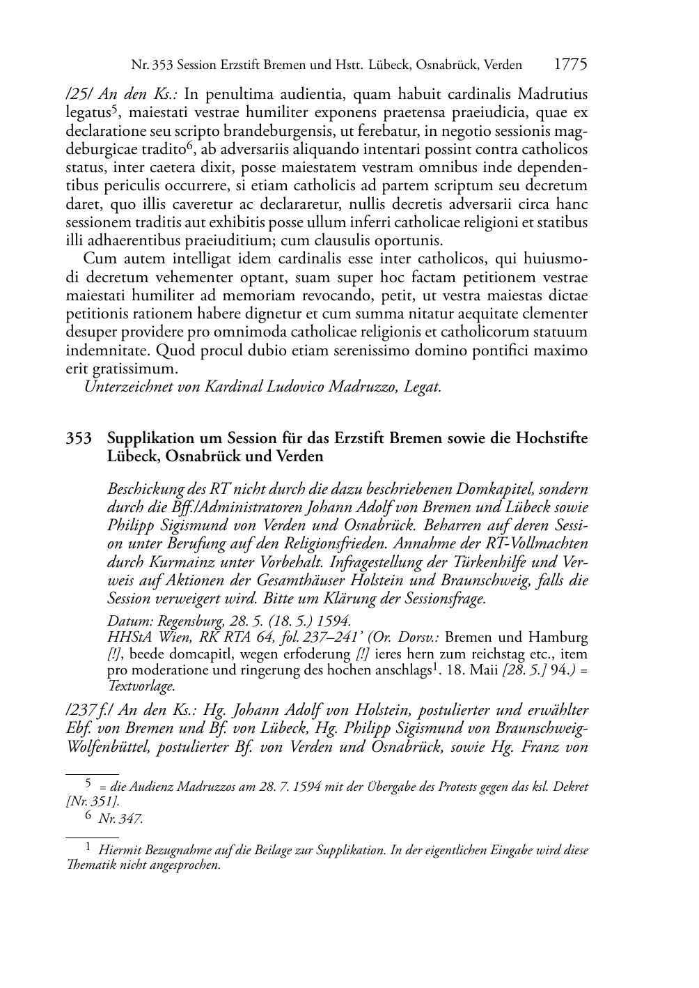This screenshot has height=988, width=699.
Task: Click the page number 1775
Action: click(x=570, y=65)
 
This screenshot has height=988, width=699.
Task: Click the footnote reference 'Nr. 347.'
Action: click(x=120, y=819)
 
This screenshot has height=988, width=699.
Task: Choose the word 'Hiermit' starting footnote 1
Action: click(x=121, y=850)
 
